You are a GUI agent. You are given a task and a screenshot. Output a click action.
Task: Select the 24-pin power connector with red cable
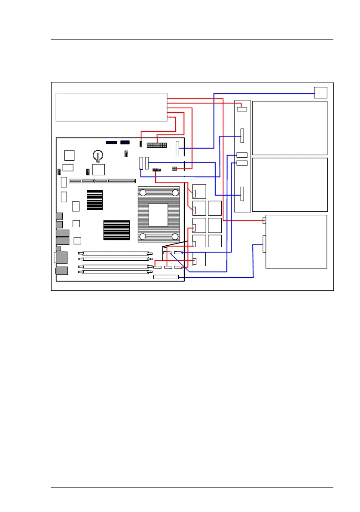157,143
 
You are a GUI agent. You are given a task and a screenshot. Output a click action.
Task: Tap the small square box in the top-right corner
320,92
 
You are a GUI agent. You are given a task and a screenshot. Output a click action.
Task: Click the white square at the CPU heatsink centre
158,214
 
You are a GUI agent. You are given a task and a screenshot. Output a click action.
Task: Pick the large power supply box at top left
111,107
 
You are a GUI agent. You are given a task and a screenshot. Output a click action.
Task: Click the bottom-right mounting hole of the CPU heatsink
174,236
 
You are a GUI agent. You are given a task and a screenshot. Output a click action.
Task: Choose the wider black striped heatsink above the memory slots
116,230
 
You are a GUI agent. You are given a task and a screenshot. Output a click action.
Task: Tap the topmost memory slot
115,254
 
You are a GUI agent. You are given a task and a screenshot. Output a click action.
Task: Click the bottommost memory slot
115,271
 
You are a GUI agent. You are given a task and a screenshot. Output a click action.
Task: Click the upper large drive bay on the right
290,128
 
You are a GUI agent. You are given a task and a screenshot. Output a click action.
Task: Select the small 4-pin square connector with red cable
174,169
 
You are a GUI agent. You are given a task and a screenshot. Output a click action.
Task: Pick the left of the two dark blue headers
111,142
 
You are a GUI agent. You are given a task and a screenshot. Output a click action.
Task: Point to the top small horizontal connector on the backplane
242,109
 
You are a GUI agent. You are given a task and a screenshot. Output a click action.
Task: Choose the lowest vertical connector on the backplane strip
242,194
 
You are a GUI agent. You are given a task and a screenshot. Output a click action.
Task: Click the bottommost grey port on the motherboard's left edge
61,271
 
